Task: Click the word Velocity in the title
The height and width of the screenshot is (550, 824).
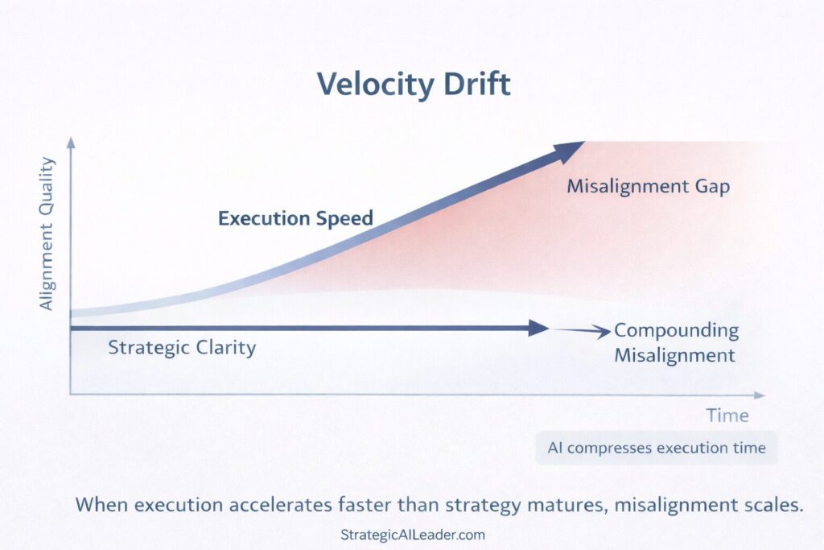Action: pos(369,85)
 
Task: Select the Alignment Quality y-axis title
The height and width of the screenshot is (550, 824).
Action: pos(47,234)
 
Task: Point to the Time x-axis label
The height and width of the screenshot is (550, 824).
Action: pos(727,416)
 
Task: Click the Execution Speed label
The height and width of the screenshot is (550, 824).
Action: pos(295,218)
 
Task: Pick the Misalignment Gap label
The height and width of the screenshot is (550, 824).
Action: pos(648,187)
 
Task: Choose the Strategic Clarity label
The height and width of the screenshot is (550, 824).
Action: pos(182,348)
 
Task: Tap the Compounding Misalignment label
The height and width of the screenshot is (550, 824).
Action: pos(676,342)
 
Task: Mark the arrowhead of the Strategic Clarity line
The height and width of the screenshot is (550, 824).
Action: pos(538,328)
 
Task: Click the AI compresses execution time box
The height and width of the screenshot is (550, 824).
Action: pos(657,449)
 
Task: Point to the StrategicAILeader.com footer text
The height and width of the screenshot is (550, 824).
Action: pos(413,535)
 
